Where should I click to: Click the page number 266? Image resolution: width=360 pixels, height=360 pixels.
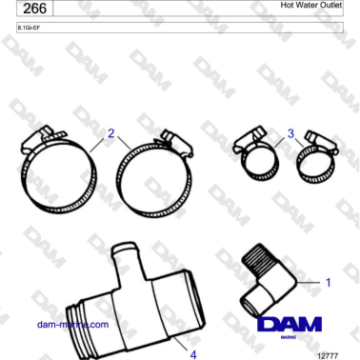(35, 8)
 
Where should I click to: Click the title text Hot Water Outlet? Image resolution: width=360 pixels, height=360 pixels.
(311, 5)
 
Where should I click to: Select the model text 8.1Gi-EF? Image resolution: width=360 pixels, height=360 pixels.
(29, 28)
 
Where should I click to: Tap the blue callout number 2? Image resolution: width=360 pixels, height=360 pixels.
(110, 133)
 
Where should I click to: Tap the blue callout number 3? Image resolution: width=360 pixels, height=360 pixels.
(290, 133)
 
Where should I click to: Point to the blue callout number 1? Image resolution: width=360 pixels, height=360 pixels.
(329, 282)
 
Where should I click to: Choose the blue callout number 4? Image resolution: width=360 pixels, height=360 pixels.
(193, 354)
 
